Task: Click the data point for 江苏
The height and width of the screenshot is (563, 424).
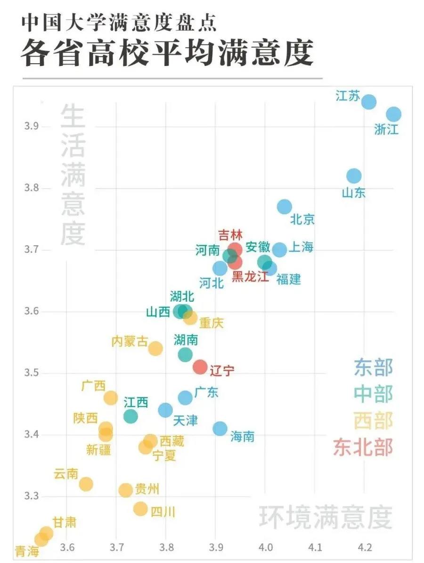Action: [369, 102]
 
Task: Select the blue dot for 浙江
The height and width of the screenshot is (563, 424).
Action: [393, 114]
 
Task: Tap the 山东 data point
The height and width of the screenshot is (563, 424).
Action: [354, 176]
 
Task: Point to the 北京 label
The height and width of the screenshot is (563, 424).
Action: [302, 219]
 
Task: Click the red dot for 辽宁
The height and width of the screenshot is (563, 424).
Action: [200, 366]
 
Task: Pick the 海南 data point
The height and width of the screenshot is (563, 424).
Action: [220, 428]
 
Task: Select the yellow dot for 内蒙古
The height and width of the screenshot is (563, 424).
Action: [155, 348]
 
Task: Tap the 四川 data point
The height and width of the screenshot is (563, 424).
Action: [140, 508]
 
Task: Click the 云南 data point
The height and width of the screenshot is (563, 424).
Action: [86, 484]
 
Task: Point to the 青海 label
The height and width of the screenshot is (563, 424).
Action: [27, 551]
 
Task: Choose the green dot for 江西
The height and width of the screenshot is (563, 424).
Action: [130, 416]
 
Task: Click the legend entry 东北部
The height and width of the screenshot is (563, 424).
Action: [363, 447]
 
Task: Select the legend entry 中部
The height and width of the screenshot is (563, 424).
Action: [373, 394]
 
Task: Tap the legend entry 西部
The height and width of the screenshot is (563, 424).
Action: [373, 421]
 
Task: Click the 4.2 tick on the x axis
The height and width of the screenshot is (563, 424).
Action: [365, 547]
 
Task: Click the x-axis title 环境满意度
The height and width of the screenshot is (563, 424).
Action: [325, 518]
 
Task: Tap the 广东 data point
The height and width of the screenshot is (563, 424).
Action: [185, 398]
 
